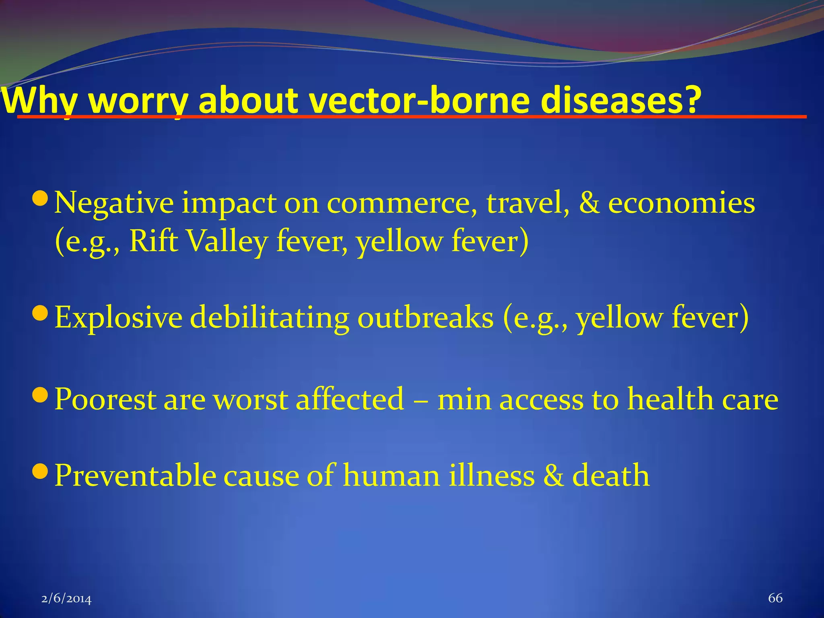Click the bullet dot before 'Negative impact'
pos(40,198)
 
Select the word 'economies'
pos(681,203)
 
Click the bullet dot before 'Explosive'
pos(40,312)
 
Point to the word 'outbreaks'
pos(425,318)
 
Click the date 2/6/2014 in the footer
pos(66,599)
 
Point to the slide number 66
pos(775,598)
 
